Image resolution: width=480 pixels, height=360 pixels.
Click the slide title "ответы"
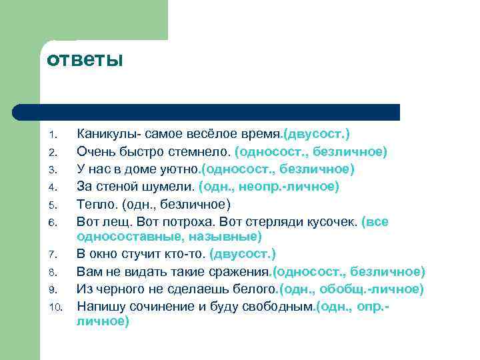tap(85, 60)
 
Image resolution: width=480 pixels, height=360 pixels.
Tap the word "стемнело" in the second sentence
tap(203, 152)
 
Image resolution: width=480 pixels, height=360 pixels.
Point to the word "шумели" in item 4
tap(174, 187)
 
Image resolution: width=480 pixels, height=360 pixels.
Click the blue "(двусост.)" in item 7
tap(242, 254)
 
